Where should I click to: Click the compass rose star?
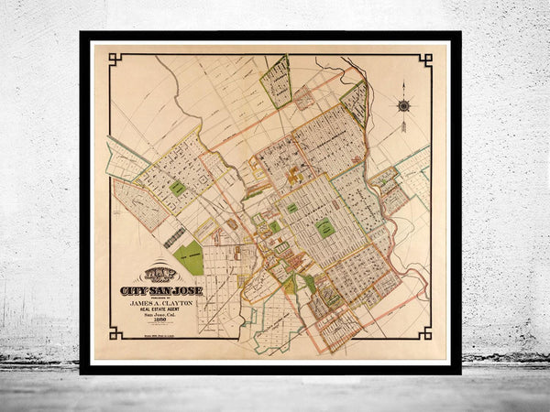coord(403,105)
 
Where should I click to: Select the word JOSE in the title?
coord(187,291)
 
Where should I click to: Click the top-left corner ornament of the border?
coord(115,60)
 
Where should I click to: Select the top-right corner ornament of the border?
coord(425,60)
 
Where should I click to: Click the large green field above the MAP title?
coord(188,258)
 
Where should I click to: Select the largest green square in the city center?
coord(324,229)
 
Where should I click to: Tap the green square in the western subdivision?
coord(177,187)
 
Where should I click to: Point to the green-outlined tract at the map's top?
coord(276,81)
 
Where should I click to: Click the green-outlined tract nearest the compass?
coord(356,103)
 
